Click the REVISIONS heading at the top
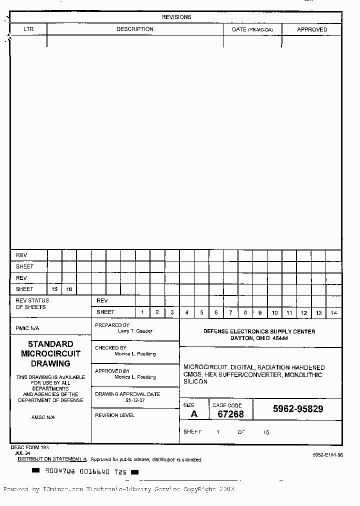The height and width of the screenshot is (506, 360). pyautogui.click(x=176, y=17)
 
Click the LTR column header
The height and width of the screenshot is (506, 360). pyautogui.click(x=28, y=29)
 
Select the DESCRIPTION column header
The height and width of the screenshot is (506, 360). pyautogui.click(x=135, y=29)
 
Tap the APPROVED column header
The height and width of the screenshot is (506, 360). pyautogui.click(x=312, y=29)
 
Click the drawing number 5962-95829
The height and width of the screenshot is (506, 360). pyautogui.click(x=298, y=409)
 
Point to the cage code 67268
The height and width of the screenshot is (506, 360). pyautogui.click(x=230, y=414)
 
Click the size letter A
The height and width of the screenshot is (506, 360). pyautogui.click(x=194, y=414)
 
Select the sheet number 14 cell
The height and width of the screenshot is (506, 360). pyautogui.click(x=334, y=313)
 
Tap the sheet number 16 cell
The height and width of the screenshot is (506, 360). pyautogui.click(x=69, y=289)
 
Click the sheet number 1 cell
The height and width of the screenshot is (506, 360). pyautogui.click(x=142, y=312)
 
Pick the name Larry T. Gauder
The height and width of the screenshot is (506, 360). pyautogui.click(x=135, y=331)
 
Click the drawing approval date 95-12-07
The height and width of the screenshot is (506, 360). pyautogui.click(x=135, y=400)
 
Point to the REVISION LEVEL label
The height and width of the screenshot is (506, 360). pyautogui.click(x=114, y=415)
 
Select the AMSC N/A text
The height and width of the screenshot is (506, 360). pyautogui.click(x=43, y=417)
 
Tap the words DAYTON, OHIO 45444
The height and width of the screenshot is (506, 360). pyautogui.click(x=259, y=338)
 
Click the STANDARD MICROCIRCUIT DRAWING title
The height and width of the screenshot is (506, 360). pyautogui.click(x=50, y=353)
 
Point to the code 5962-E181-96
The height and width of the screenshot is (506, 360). pyautogui.click(x=328, y=455)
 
